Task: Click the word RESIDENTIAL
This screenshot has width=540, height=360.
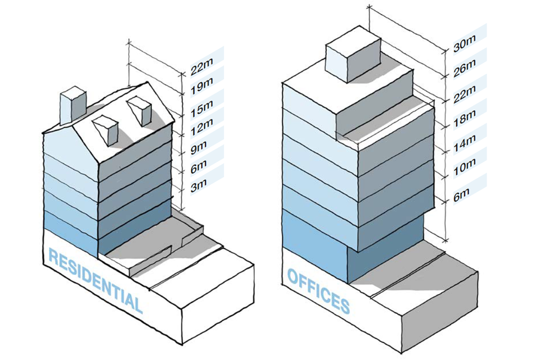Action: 94,280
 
